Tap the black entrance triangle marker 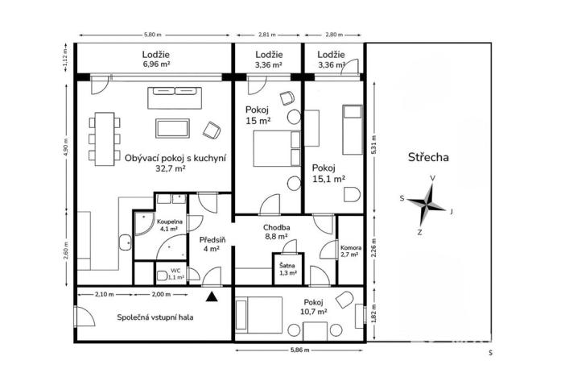pos(211,297)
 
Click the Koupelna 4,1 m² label pos(170,225)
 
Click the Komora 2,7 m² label pos(351,251)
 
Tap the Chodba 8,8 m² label pos(276,232)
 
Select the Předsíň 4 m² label pos(212,243)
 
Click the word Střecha pos(428,157)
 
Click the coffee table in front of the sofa pos(173,128)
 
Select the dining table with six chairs pos(102,139)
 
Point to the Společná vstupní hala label pos(155,317)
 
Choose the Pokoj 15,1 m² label pos(328,173)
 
